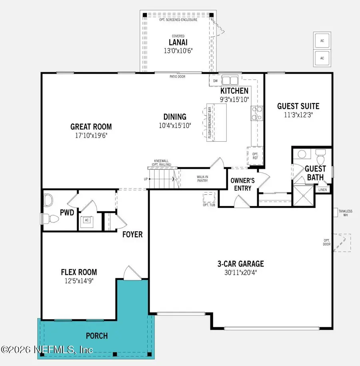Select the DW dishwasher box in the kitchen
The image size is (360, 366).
tap(215, 81)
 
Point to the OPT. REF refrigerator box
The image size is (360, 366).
tap(255, 155)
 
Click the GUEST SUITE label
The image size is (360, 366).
tap(298, 106)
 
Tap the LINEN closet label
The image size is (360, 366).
tap(323, 190)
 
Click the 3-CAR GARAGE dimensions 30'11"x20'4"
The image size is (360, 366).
tap(240, 273)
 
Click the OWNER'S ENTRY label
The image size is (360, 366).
tap(241, 184)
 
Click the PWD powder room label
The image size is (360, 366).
tap(67, 212)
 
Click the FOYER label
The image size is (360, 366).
tap(132, 234)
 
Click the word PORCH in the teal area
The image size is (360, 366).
tap(97, 335)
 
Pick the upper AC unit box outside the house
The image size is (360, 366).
tap(322, 41)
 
